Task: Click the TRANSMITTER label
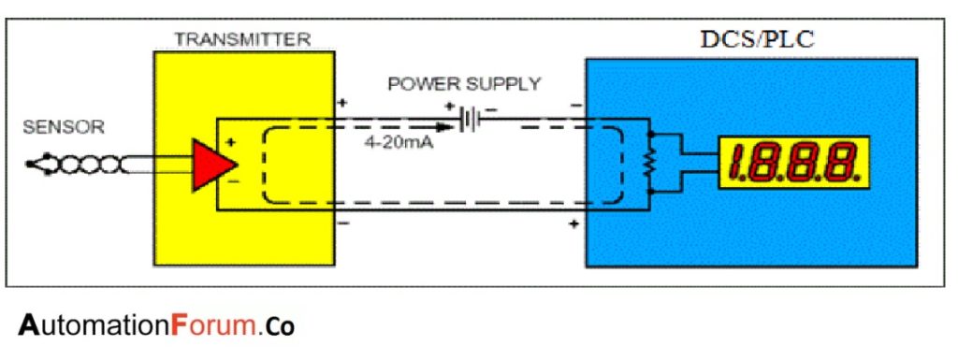(242, 40)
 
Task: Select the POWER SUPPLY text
(465, 84)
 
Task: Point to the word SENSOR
(64, 127)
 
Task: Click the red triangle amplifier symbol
(212, 164)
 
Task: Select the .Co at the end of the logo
(280, 326)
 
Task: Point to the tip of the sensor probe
(31, 166)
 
